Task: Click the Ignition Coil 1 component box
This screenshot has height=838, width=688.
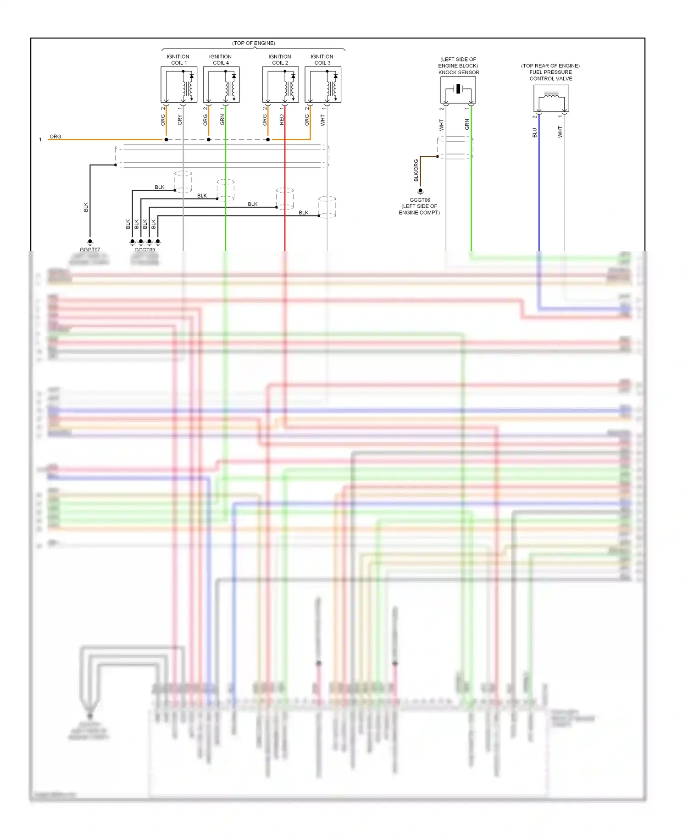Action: pyautogui.click(x=179, y=85)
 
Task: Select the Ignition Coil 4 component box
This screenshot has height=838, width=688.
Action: pyautogui.click(x=221, y=85)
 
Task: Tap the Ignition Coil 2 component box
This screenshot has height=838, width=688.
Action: pyautogui.click(x=280, y=85)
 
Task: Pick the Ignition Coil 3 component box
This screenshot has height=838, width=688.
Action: pyautogui.click(x=323, y=85)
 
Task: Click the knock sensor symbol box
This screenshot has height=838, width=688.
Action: pyautogui.click(x=458, y=90)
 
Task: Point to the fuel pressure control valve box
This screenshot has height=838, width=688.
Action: pyautogui.click(x=551, y=98)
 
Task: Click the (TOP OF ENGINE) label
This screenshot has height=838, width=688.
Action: pyautogui.click(x=254, y=43)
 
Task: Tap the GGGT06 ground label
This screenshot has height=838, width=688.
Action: pyautogui.click(x=420, y=200)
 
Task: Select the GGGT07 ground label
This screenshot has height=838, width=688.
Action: pyautogui.click(x=90, y=250)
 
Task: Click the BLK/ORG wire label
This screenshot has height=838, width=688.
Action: pyautogui.click(x=416, y=171)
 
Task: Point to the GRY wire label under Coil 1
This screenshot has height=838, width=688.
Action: pyautogui.click(x=180, y=120)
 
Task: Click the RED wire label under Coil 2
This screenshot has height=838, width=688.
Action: pyautogui.click(x=282, y=120)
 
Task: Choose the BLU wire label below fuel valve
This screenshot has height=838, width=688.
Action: pyautogui.click(x=534, y=133)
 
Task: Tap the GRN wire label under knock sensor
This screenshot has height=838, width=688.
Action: pyautogui.click(x=467, y=124)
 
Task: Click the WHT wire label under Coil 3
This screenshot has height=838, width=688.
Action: pyautogui.click(x=323, y=121)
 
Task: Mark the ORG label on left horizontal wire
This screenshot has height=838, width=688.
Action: pyautogui.click(x=55, y=137)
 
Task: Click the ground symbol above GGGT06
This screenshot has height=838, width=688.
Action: pyautogui.click(x=420, y=192)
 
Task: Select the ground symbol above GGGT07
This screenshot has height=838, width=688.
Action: pyautogui.click(x=90, y=242)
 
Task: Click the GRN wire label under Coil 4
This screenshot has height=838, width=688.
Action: pyautogui.click(x=222, y=120)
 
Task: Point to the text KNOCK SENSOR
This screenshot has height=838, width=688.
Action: pyautogui.click(x=459, y=72)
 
